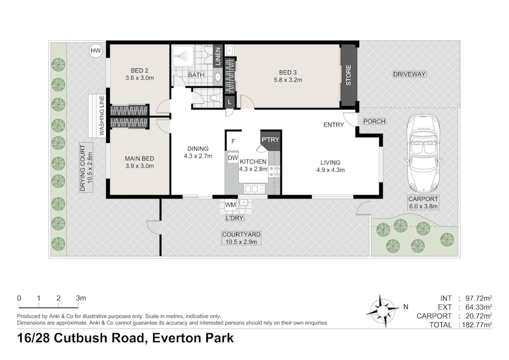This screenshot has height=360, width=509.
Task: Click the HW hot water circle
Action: [95, 51]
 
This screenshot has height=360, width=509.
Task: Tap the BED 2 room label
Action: [140, 70]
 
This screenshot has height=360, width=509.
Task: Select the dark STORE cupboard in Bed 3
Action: [349, 75]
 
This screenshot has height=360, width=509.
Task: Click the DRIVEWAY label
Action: [409, 74]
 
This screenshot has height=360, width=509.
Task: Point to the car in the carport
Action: [423, 154]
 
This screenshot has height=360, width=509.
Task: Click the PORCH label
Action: [374, 121]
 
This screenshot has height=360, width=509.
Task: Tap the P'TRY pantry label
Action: [270, 139]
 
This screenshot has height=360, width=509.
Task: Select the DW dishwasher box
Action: [233, 158]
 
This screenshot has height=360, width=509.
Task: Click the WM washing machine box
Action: [230, 205]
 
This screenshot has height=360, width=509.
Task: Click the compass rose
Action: [383, 311]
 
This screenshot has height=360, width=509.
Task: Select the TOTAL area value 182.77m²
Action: [476, 325]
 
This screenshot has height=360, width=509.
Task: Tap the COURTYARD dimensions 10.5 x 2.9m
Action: [241, 242]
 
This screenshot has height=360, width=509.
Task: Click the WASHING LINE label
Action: [102, 115]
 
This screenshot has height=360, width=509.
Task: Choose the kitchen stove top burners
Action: [274, 172]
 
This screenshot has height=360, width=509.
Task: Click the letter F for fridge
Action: [233, 141]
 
